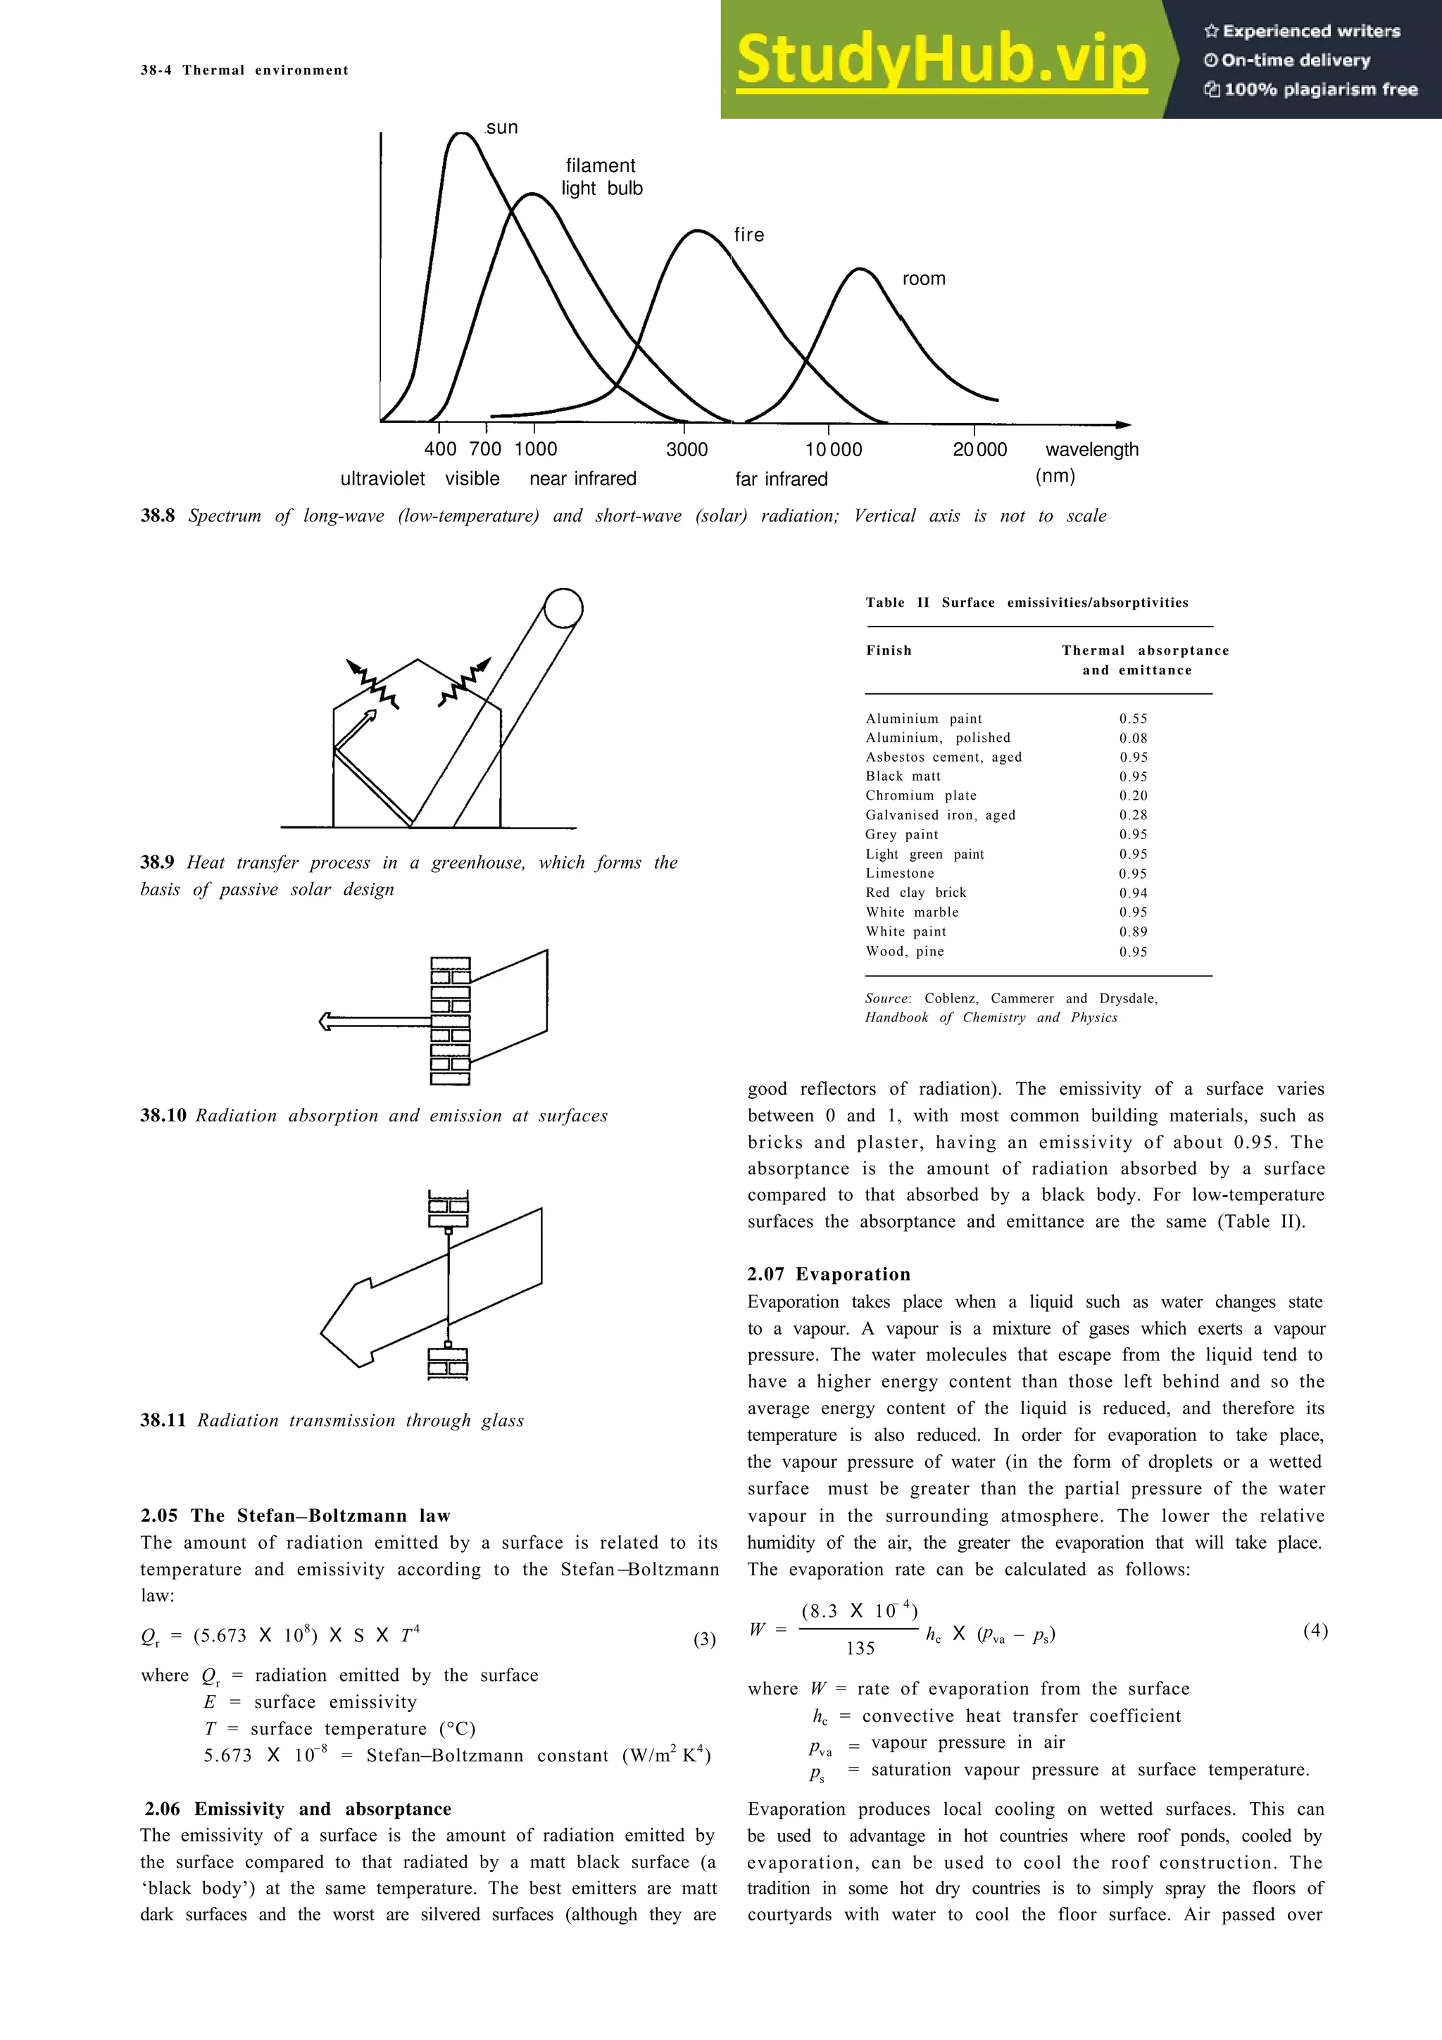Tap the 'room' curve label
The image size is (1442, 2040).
coord(924,279)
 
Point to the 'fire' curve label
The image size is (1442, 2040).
coord(749,235)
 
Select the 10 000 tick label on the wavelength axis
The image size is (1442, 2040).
coord(834,450)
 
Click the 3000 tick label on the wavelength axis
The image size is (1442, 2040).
coord(686,450)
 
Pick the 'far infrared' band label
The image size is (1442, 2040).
coord(781,479)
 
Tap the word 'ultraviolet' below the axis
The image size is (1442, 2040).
coord(383,479)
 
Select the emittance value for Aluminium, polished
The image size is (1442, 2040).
coord(1133,738)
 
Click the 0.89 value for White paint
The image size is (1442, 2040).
coord(1133,932)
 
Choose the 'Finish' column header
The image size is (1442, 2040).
coord(889,650)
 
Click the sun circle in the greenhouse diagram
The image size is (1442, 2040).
coord(563,609)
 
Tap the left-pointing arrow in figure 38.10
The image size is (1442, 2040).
coord(356,1022)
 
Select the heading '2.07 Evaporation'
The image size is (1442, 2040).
coord(828,1274)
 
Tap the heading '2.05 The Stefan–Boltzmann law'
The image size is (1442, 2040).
coord(295,1516)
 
